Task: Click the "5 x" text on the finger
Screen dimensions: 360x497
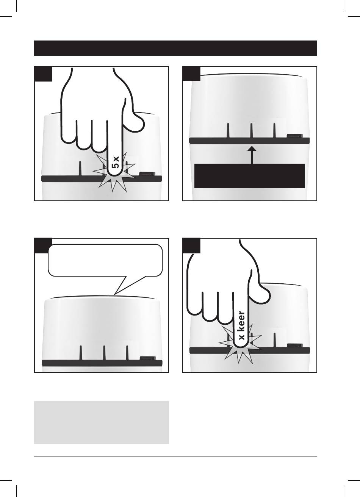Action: [116, 163]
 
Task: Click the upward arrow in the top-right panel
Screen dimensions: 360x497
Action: [252, 155]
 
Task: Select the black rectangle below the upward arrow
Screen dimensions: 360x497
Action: [249, 176]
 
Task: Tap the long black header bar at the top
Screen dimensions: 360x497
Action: [175, 48]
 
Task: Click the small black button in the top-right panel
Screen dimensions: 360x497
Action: [295, 136]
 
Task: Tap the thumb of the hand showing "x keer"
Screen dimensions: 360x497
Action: [260, 292]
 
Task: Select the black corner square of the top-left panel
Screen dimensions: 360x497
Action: [43, 74]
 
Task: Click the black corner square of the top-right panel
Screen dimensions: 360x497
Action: [191, 74]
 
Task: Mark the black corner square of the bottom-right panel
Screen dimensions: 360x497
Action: [191, 245]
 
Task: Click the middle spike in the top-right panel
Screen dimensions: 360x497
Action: [252, 131]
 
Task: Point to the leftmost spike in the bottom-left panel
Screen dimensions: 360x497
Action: [81, 353]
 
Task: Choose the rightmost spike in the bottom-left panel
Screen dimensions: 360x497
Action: [127, 353]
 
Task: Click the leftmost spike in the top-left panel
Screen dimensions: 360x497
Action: [80, 169]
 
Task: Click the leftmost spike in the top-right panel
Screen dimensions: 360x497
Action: [229, 131]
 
